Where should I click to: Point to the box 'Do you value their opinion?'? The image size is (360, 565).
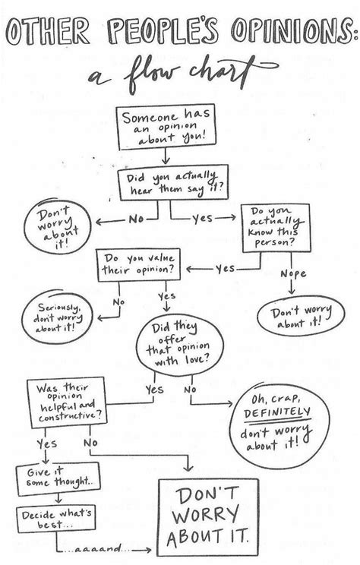143,267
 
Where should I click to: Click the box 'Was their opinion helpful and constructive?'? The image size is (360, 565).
66,405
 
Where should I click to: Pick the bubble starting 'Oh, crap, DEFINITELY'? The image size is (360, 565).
276,424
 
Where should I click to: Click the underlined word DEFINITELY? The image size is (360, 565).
278,412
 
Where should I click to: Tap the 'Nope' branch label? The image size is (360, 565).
292,272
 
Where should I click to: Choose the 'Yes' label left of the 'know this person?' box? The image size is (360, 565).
225,267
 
